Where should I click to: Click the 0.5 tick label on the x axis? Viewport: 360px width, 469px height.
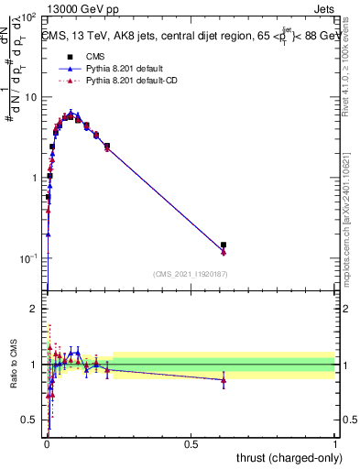point(191,444)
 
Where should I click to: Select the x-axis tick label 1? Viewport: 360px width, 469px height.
point(335,444)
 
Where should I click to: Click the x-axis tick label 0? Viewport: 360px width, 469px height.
point(47,444)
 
